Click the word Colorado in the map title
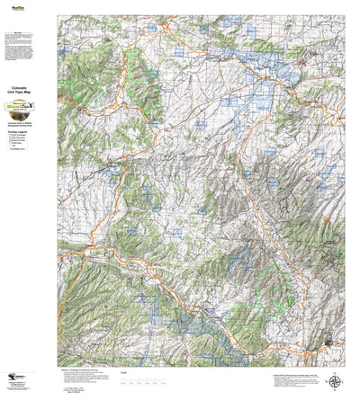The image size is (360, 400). click(28, 87)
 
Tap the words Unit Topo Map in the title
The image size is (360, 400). click(28, 93)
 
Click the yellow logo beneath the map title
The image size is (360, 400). click(28, 105)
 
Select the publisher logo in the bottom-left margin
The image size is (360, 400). click(15, 378)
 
